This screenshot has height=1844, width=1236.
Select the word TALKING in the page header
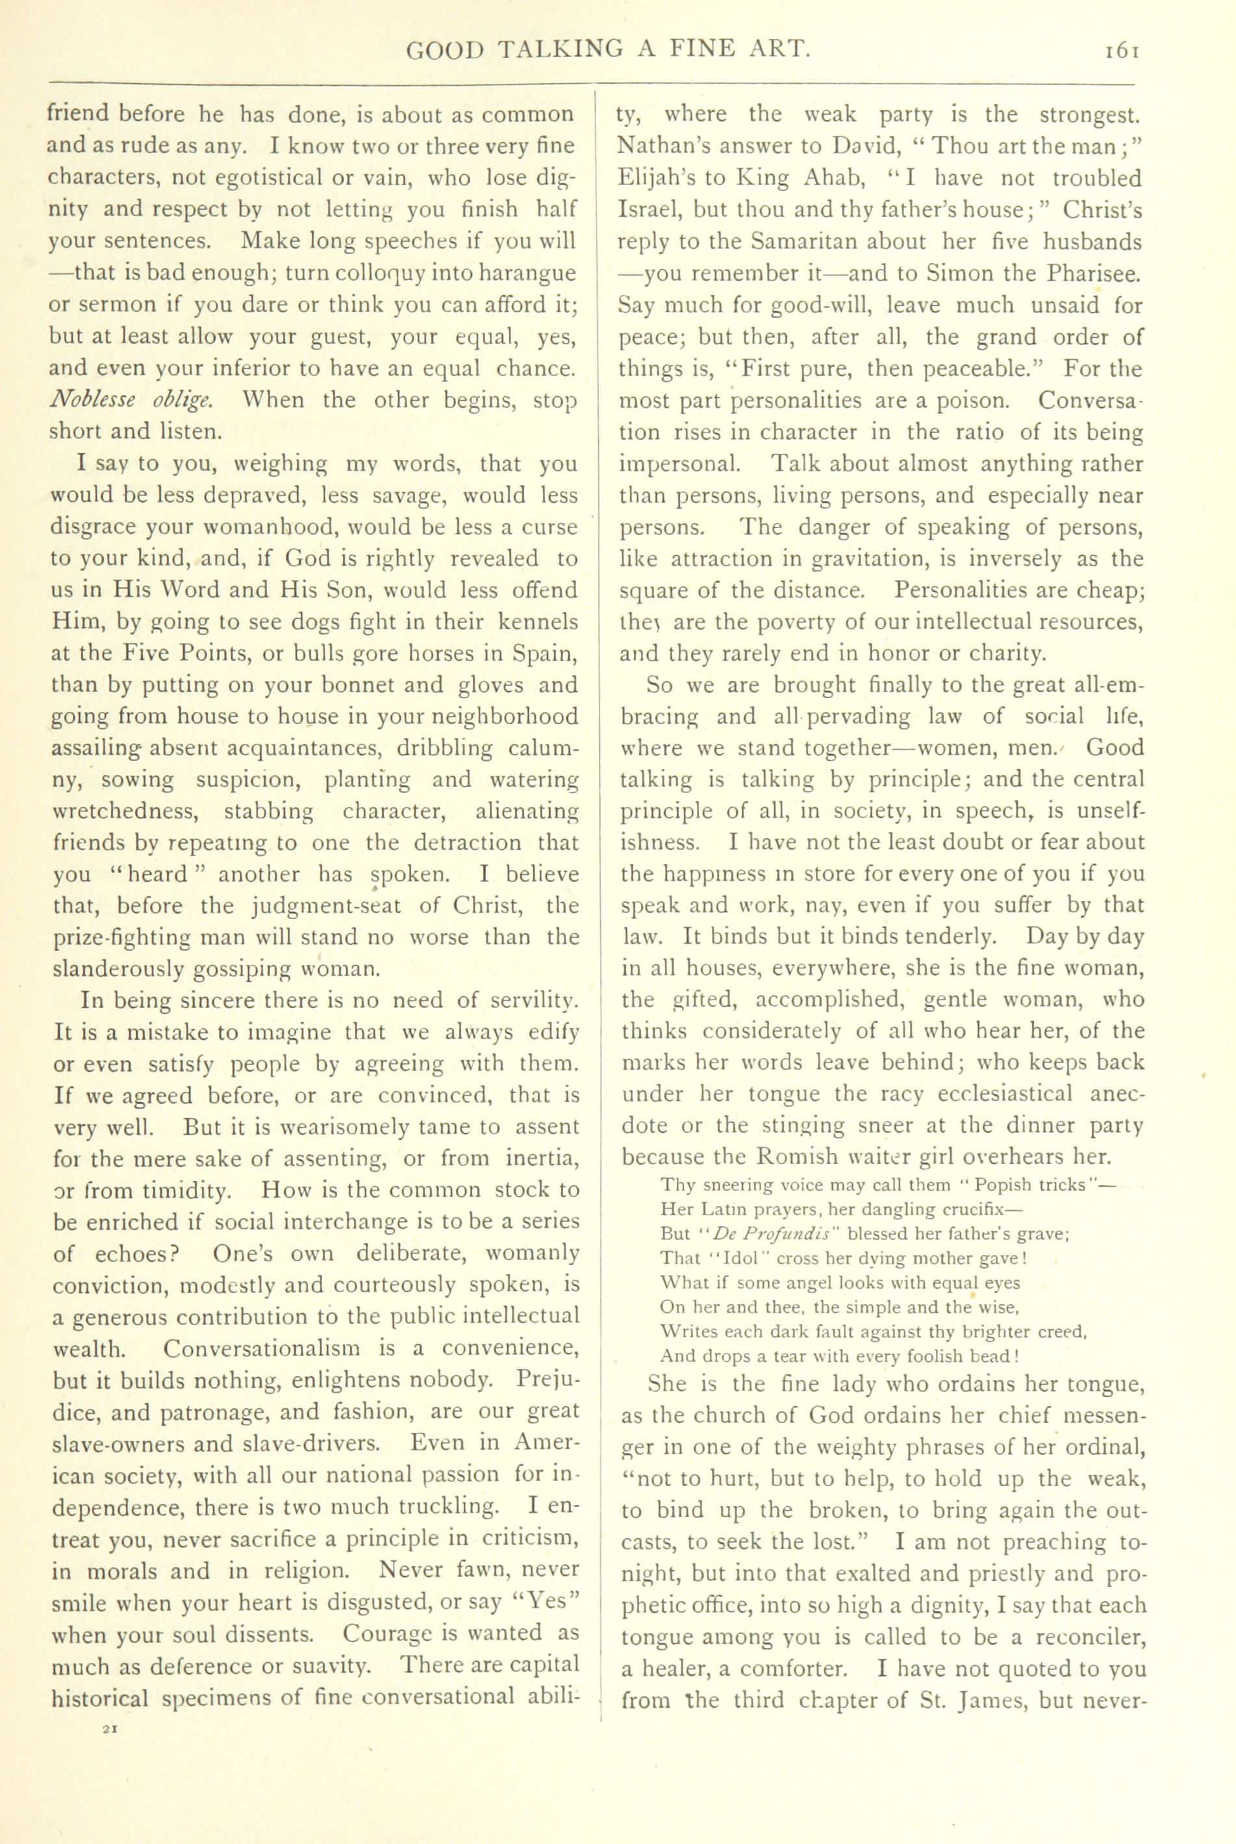556,51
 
